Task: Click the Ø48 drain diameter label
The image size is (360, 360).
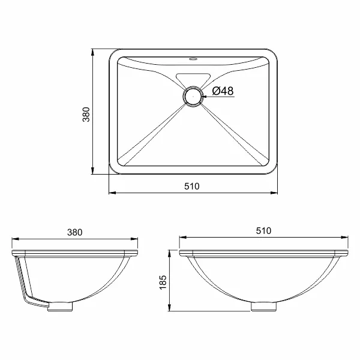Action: click(x=223, y=91)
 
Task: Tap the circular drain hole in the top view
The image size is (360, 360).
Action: click(x=193, y=97)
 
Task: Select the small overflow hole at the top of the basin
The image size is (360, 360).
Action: click(x=193, y=59)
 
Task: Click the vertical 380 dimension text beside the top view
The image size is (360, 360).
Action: click(x=86, y=115)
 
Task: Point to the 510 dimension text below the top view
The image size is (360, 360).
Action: click(x=192, y=186)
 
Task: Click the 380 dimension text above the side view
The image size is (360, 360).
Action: click(x=74, y=232)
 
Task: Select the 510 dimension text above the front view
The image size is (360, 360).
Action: click(x=263, y=231)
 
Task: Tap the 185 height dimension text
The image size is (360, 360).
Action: click(x=163, y=282)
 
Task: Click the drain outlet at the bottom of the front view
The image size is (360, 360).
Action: click(x=263, y=307)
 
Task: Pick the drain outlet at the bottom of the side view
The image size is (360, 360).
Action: click(x=60, y=307)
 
